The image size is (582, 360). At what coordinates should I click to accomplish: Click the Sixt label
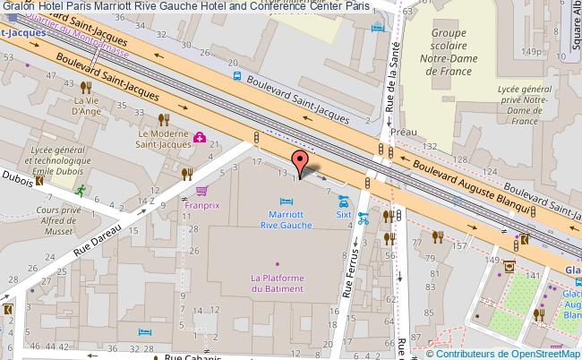(344, 215)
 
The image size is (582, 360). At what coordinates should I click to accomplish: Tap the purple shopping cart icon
(201, 191)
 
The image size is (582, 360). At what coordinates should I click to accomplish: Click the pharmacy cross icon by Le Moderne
(200, 138)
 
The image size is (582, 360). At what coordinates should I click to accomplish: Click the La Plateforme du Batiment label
(277, 283)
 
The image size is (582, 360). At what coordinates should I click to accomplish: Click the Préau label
(405, 132)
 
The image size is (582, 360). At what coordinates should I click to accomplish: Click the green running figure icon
(81, 190)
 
